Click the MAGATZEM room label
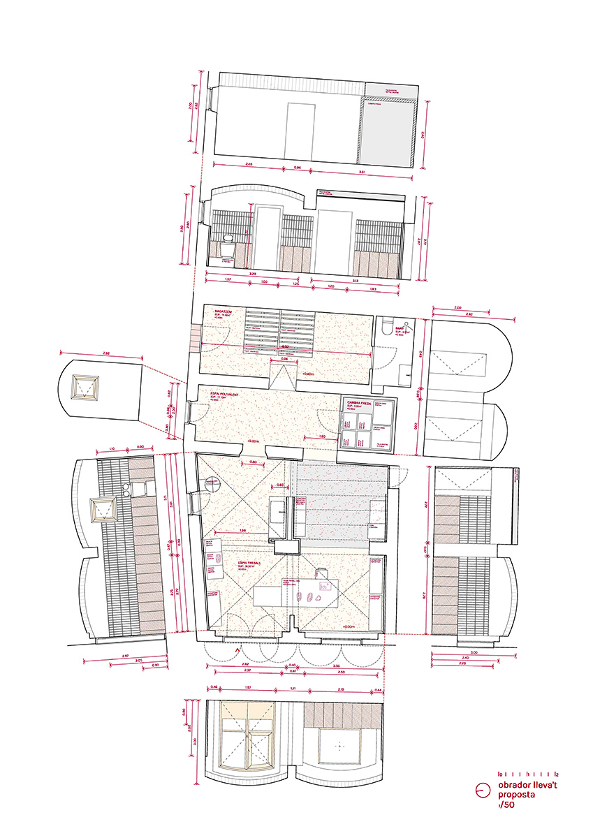[x=214, y=312]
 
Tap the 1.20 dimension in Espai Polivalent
[x=321, y=436]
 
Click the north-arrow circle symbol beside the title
[x=481, y=791]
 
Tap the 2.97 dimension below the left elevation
[x=124, y=656]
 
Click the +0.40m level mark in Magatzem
[x=307, y=375]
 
